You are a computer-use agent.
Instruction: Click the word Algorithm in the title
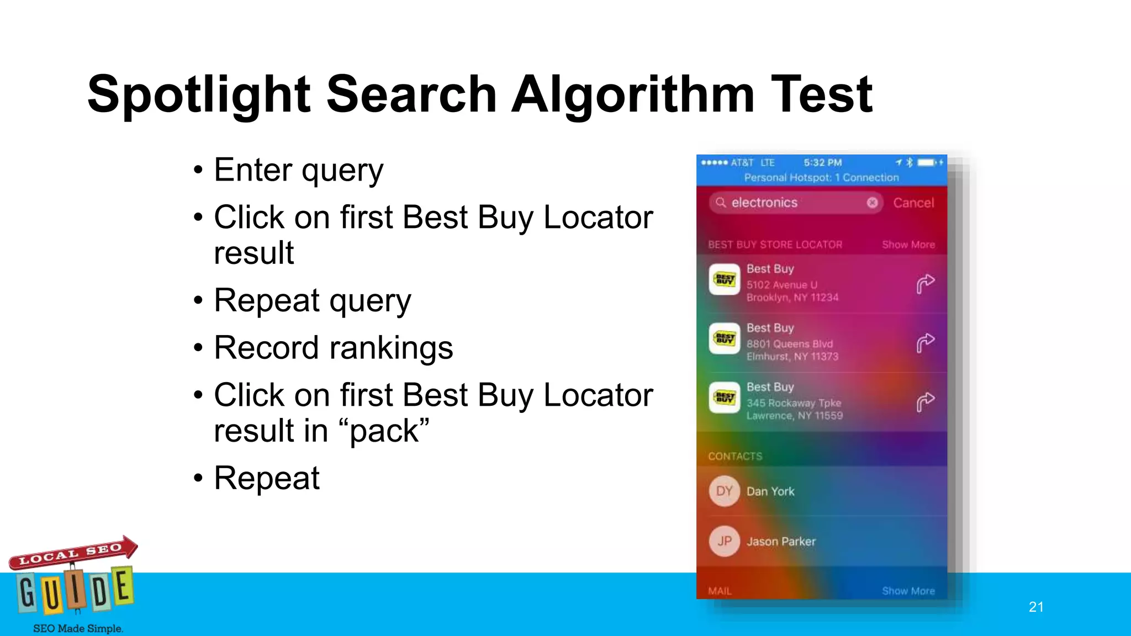pos(632,95)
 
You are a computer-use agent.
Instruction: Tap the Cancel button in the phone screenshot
pos(913,203)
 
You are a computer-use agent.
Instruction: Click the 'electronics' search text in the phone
pos(764,203)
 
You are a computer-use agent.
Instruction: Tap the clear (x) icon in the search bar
pos(872,203)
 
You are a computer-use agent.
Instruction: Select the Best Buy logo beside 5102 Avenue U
pos(725,280)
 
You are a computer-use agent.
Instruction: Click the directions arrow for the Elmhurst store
pos(926,343)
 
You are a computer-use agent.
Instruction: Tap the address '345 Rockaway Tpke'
pos(794,403)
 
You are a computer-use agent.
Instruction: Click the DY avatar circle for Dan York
pos(725,491)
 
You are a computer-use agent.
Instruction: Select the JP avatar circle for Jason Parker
pos(725,542)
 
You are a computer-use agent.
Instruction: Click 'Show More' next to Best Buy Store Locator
pos(908,245)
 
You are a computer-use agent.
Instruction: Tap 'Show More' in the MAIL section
pos(908,591)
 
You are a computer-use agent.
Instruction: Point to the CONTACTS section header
pos(735,456)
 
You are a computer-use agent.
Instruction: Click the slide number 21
pos(1036,607)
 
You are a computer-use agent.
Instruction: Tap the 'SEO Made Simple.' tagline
pos(78,628)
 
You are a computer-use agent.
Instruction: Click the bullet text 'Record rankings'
pos(334,348)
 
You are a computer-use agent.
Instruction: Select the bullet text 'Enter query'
pos(298,170)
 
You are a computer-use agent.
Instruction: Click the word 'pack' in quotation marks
pos(389,431)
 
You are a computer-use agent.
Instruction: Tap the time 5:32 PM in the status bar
pos(822,163)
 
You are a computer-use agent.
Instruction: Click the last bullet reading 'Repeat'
pos(267,478)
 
